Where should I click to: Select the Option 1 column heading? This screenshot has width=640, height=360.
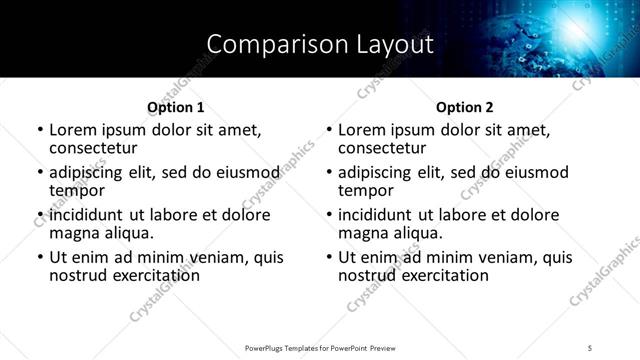(176, 107)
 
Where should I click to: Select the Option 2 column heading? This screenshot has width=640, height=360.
(464, 107)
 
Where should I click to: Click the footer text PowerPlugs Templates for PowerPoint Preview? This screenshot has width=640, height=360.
(319, 348)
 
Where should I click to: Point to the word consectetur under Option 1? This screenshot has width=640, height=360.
(92, 148)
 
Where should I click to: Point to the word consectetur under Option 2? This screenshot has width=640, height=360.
(381, 148)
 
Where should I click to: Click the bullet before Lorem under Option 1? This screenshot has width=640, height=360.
(39, 131)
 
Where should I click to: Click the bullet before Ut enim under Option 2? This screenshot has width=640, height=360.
(328, 258)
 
